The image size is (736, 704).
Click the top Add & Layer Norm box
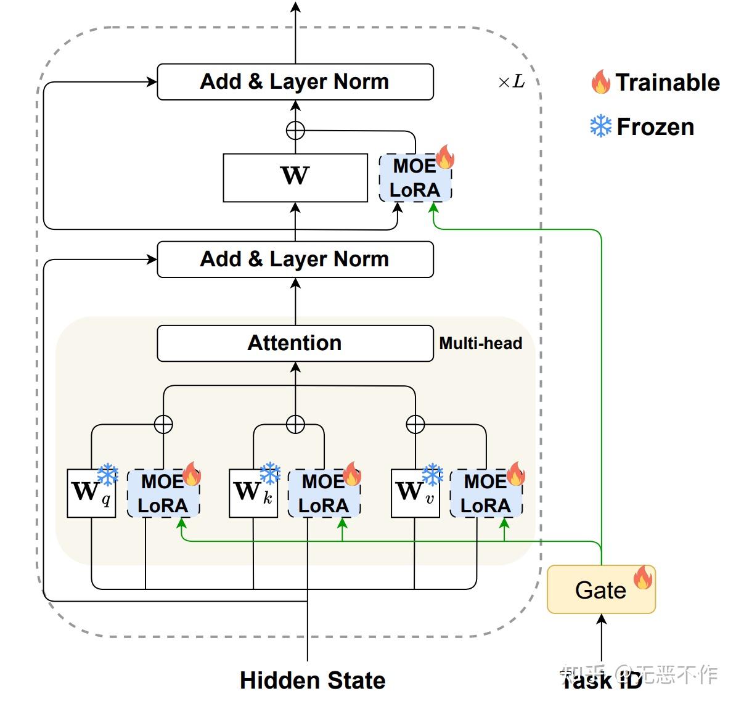pyautogui.click(x=295, y=81)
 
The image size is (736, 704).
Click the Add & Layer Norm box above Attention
pyautogui.click(x=295, y=259)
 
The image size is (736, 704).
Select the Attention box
pyautogui.click(x=295, y=343)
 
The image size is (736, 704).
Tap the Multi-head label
pyautogui.click(x=480, y=343)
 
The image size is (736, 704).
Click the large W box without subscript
pyautogui.click(x=295, y=177)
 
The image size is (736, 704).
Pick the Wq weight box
pyautogui.click(x=91, y=493)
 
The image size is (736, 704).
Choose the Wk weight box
pyautogui.click(x=253, y=493)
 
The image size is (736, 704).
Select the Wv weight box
pyautogui.click(x=415, y=493)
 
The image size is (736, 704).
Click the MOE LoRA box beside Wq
pyautogui.click(x=163, y=494)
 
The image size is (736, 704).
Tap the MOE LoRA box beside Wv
pyautogui.click(x=486, y=494)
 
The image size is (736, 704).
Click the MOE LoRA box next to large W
pyautogui.click(x=415, y=178)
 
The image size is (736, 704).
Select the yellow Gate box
pyautogui.click(x=601, y=590)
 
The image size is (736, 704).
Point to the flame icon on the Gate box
pyautogui.click(x=642, y=577)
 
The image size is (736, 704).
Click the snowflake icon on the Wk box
pyautogui.click(x=270, y=473)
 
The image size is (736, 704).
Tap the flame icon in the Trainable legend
pyautogui.click(x=600, y=81)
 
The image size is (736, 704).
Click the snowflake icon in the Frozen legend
pyautogui.click(x=600, y=126)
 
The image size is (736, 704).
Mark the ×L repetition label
pyautogui.click(x=511, y=82)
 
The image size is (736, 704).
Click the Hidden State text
pyautogui.click(x=313, y=681)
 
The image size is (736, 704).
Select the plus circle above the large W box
pyautogui.click(x=295, y=130)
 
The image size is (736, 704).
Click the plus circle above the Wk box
pyautogui.click(x=295, y=424)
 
